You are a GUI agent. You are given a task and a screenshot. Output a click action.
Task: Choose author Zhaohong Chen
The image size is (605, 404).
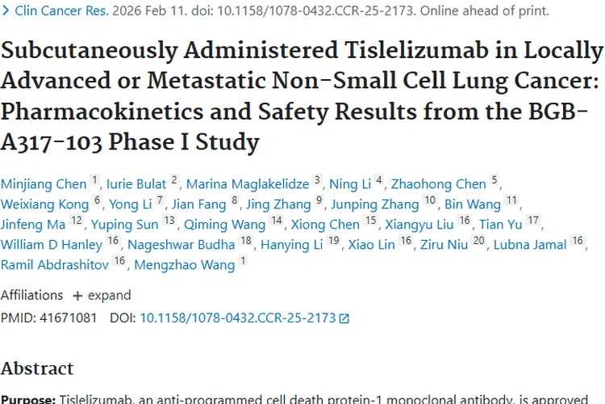pyautogui.click(x=439, y=183)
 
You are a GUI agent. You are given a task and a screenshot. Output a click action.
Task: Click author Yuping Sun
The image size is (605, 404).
pyautogui.click(x=124, y=224)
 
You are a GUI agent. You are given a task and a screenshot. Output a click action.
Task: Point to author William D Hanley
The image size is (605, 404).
pyautogui.click(x=52, y=244)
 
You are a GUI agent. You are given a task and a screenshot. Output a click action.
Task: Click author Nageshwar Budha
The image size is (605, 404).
pyautogui.click(x=170, y=244)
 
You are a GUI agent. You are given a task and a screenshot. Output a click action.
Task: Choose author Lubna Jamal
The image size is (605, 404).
pyautogui.click(x=530, y=244)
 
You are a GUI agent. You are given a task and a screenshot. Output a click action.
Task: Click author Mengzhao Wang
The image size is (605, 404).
pyautogui.click(x=185, y=264)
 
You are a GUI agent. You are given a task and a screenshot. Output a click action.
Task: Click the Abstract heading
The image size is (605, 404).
pyautogui.click(x=37, y=368)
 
